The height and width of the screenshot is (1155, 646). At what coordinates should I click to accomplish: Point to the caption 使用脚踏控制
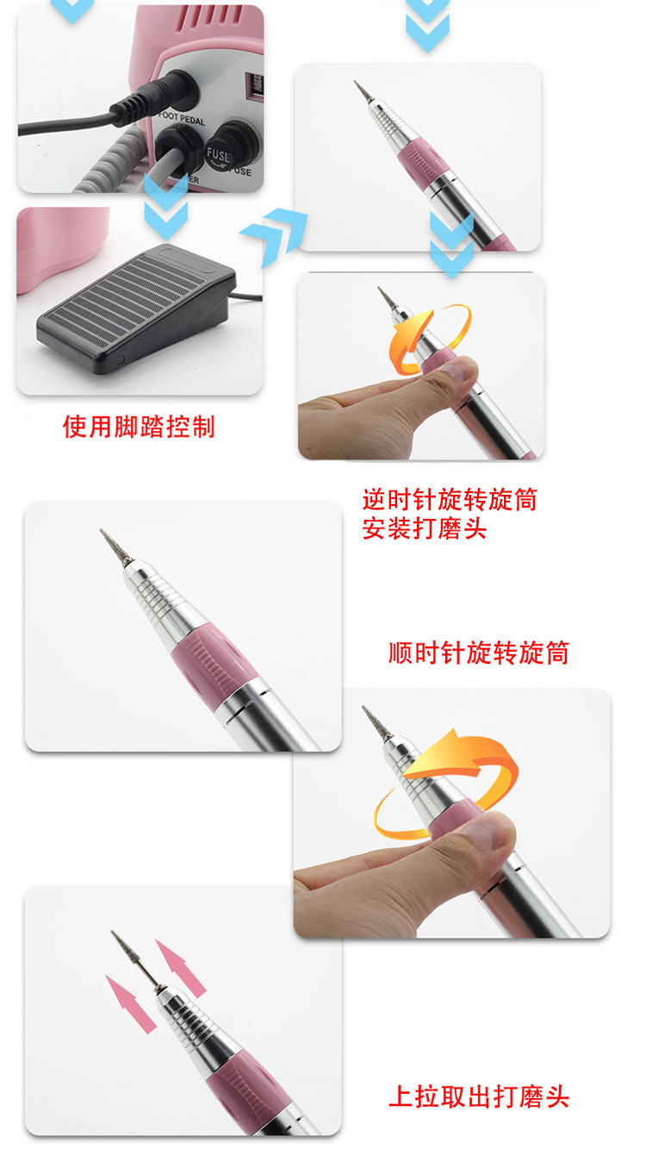(x=139, y=426)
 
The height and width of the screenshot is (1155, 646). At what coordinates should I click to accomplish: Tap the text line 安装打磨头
(x=425, y=528)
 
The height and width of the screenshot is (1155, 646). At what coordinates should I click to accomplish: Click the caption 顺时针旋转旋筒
(x=478, y=652)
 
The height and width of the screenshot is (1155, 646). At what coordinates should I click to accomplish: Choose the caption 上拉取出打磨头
(x=479, y=1096)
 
